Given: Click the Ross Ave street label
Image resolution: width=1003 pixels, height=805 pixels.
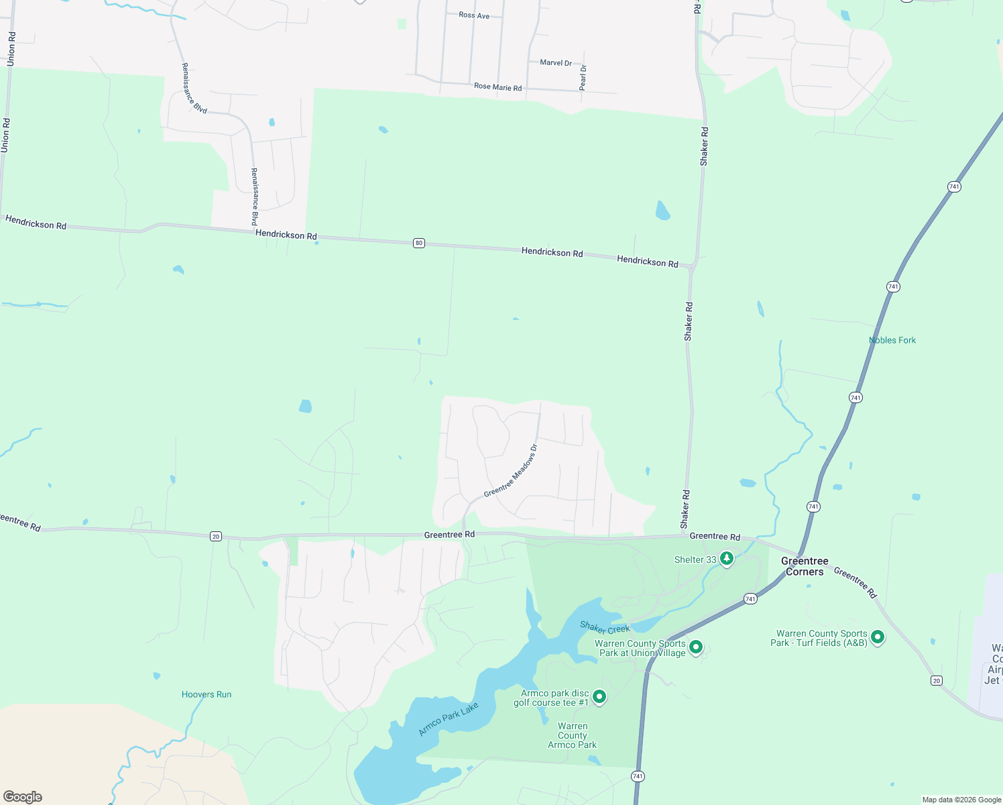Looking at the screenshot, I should (474, 15).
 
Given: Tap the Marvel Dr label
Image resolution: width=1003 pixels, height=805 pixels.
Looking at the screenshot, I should (556, 62).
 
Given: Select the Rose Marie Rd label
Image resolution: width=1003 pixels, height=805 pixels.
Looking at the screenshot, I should (497, 87).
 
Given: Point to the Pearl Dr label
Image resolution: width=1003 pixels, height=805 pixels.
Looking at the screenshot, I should (583, 77).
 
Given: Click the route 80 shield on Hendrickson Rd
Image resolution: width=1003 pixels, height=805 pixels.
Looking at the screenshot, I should (419, 243).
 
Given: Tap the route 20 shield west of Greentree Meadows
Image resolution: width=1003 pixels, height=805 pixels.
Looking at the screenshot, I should (215, 536).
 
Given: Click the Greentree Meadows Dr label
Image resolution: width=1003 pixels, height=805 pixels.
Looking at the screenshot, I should (511, 470).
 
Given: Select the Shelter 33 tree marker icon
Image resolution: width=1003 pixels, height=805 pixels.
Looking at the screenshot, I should (726, 558).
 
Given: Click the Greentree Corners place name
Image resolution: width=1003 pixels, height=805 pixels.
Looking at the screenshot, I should (805, 566).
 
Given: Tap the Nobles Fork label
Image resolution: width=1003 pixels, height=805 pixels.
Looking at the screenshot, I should (892, 340).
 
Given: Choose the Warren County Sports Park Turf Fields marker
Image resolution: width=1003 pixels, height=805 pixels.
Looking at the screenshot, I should (877, 637).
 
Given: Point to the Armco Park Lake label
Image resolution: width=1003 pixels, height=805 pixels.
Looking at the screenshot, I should (449, 718).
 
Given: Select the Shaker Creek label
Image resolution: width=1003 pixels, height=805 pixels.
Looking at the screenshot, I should (605, 628).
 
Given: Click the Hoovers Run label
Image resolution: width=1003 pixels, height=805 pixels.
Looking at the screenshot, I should (206, 694).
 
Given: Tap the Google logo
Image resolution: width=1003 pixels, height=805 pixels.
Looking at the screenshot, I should (23, 796).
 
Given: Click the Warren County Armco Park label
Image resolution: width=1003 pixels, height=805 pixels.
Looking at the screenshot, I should (572, 735).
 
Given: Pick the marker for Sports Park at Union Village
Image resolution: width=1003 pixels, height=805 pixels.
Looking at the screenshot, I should (696, 647).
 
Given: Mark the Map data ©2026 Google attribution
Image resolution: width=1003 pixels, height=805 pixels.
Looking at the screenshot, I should (961, 800).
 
